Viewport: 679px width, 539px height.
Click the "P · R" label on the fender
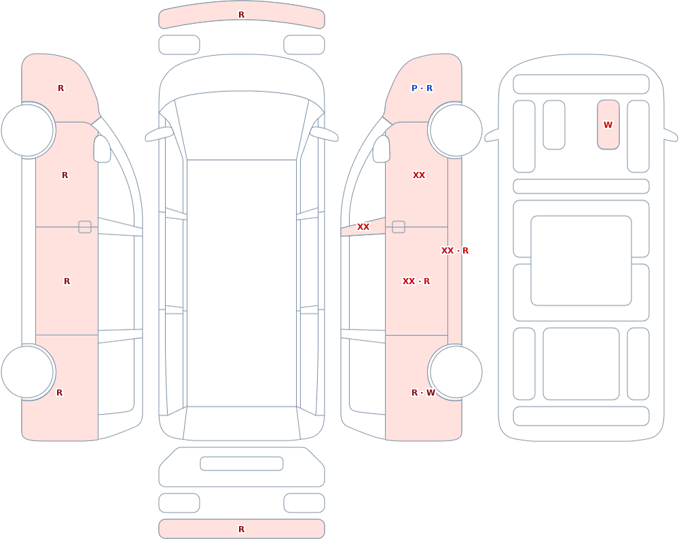tap(422, 88)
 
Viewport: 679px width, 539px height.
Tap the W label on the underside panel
tap(608, 125)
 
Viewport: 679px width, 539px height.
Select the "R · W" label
tap(423, 392)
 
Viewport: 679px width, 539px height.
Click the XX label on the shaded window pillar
tap(363, 227)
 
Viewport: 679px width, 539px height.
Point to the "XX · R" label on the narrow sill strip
tap(455, 251)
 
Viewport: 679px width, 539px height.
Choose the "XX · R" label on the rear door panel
tap(416, 281)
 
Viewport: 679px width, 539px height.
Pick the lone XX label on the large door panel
tap(419, 175)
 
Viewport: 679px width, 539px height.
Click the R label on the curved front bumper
tap(242, 15)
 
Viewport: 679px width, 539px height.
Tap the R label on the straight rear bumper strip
tap(242, 529)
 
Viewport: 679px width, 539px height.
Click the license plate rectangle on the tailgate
tap(242, 464)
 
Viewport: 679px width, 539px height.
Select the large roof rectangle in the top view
tap(242, 283)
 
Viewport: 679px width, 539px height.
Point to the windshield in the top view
tap(242, 126)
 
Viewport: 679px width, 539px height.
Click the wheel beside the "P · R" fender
tap(455, 130)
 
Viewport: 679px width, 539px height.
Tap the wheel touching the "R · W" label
tap(455, 372)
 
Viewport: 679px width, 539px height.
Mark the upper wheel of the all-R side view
tap(28, 130)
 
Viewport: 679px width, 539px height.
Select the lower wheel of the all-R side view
tap(28, 372)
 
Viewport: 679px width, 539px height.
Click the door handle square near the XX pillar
tap(399, 227)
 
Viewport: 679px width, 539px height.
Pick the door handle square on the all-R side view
tap(85, 227)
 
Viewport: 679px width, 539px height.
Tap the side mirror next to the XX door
tap(381, 149)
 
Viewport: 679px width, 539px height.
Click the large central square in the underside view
tap(581, 260)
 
